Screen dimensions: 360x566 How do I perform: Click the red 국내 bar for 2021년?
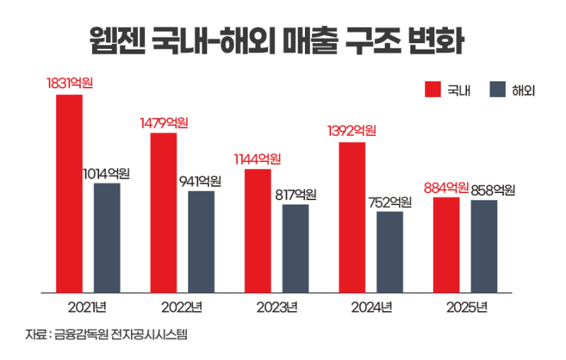(69, 192)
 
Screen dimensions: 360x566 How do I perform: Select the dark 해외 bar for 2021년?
(107, 238)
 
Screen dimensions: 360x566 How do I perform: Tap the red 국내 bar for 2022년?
(163, 212)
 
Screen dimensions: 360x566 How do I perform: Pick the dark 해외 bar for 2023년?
(295, 248)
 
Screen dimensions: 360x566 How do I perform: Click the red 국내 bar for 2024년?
(352, 217)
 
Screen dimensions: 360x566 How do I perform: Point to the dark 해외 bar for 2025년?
(484, 246)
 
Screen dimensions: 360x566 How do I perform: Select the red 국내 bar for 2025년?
(446, 245)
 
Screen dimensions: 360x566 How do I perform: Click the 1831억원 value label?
(70, 83)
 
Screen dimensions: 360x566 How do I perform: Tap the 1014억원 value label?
(106, 173)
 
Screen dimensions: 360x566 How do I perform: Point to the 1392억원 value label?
(352, 131)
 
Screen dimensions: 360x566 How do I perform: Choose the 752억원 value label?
(390, 202)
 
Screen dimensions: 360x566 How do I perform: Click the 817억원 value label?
(295, 194)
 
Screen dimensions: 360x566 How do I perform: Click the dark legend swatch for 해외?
(497, 91)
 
